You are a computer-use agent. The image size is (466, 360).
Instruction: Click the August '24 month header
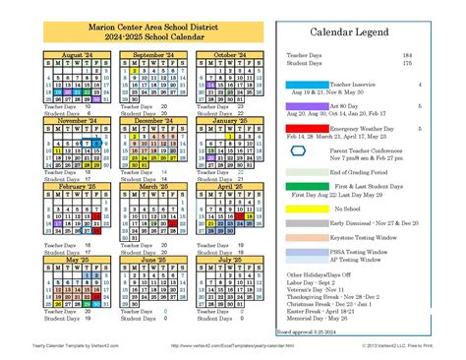click(76, 56)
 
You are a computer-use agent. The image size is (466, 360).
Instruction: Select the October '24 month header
click(229, 56)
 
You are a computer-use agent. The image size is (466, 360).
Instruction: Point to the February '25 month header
click(76, 184)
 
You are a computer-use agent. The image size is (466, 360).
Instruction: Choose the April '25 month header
click(229, 184)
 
